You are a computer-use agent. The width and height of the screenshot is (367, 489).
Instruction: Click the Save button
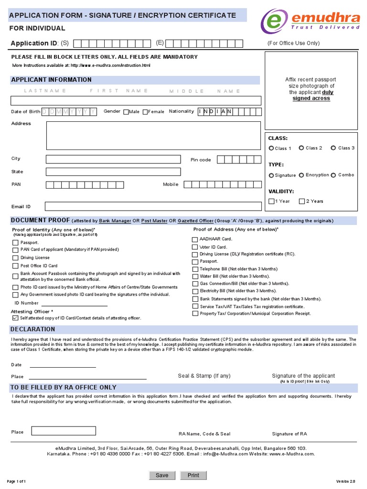(x=162, y=475)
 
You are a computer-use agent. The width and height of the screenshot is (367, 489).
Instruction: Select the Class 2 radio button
(x=302, y=148)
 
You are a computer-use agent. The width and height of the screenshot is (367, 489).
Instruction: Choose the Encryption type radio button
(x=302, y=175)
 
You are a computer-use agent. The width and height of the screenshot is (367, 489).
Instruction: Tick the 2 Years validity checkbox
(x=302, y=201)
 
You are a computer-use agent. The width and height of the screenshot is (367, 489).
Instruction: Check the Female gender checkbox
(x=145, y=112)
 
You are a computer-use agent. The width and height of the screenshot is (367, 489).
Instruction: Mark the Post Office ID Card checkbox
(x=16, y=266)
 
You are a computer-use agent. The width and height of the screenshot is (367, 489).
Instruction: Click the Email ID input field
(x=153, y=206)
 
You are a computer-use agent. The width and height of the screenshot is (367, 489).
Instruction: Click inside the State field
(x=113, y=172)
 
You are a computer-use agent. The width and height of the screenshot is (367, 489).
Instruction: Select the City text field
(x=113, y=159)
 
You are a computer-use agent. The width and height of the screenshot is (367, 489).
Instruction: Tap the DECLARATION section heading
(x=33, y=330)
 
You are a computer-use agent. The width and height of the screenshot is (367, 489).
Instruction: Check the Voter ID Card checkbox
(x=195, y=247)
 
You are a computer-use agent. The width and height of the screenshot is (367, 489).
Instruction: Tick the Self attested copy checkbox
(x=15, y=318)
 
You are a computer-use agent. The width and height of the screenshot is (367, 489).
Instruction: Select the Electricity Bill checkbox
(x=195, y=291)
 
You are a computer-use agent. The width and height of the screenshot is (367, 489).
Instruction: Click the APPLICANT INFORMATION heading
(x=51, y=80)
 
